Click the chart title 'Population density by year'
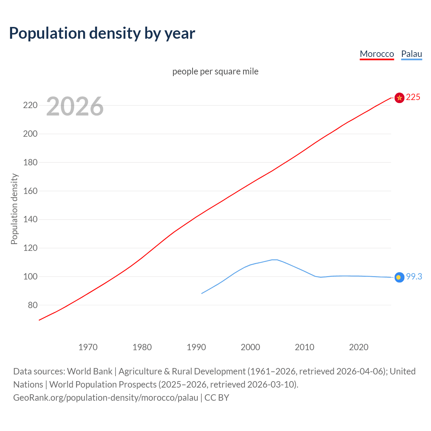tap(102, 33)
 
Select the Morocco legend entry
tap(377, 54)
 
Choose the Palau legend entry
tap(411, 54)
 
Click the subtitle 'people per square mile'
tap(215, 71)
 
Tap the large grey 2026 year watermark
tap(75, 106)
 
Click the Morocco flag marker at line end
tap(399, 98)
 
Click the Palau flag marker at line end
tap(399, 277)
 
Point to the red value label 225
tap(413, 97)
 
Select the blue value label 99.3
tap(414, 276)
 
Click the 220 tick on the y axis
tap(30, 105)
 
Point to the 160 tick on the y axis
tap(30, 191)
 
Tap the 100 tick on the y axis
tap(30, 276)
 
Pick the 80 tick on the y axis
tap(32, 305)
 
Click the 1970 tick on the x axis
tap(88, 347)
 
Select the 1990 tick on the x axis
tap(196, 347)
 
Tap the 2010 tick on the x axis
tap(304, 347)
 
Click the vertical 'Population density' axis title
tap(14, 209)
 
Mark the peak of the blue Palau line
tap(274, 260)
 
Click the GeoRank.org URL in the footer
tap(106, 398)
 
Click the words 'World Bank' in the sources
tap(90, 371)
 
